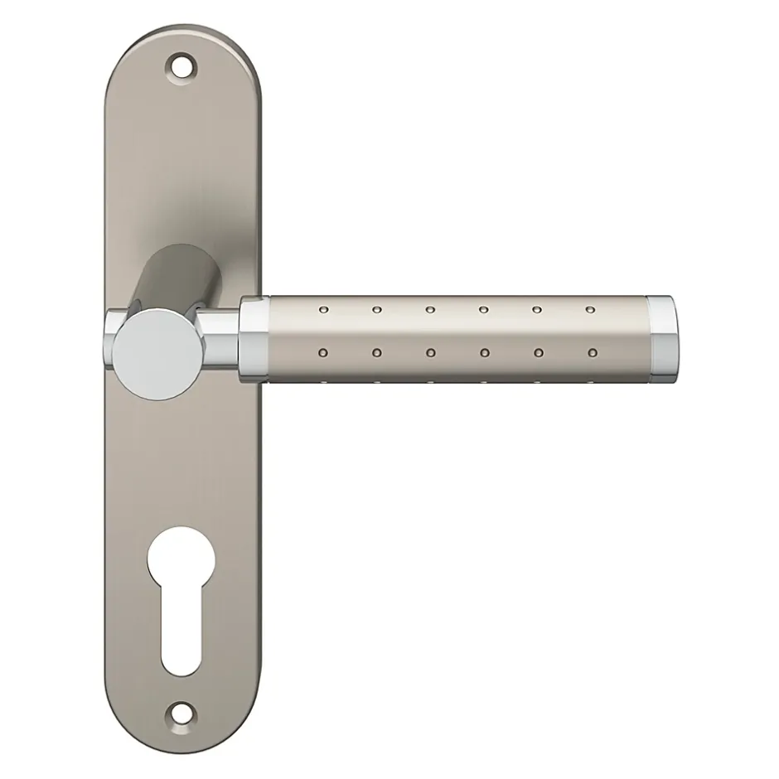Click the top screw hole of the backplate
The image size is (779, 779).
pyautogui.click(x=181, y=65)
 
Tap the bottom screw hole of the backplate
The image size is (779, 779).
pyautogui.click(x=179, y=709)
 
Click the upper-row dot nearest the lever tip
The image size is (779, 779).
pyautogui.click(x=589, y=311)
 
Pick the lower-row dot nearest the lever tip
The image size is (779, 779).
pyautogui.click(x=591, y=353)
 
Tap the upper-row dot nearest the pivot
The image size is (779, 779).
pyautogui.click(x=322, y=310)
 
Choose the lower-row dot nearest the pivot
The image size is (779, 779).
pyautogui.click(x=322, y=353)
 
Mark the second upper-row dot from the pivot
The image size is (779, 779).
pyautogui.click(x=376, y=310)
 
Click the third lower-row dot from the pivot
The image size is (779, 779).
pyautogui.click(x=430, y=353)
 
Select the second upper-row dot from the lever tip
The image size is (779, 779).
pyautogui.click(x=536, y=311)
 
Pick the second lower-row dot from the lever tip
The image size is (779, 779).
pyautogui.click(x=538, y=353)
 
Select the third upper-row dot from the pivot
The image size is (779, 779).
pyautogui.click(x=429, y=310)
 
